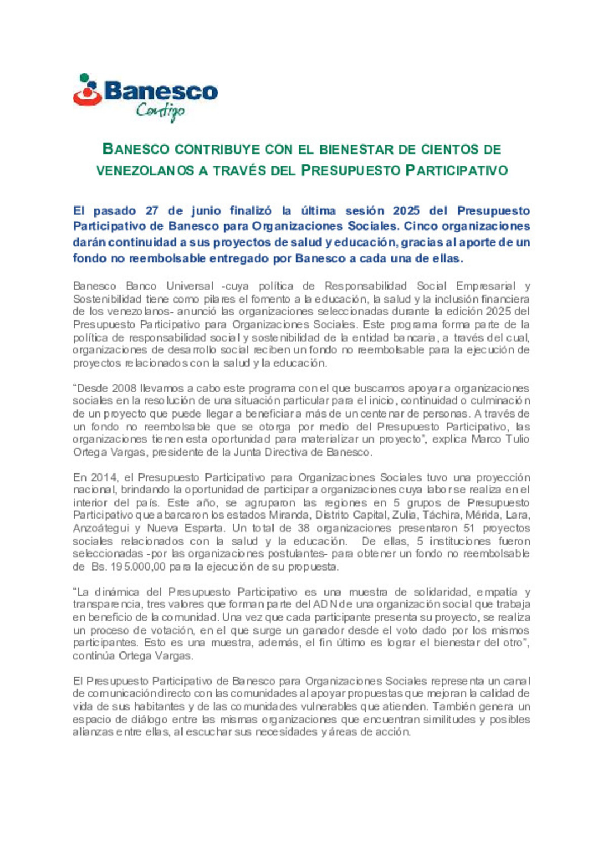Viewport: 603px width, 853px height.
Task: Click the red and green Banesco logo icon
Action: coord(87,91)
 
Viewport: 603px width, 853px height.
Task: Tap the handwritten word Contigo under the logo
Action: coord(160,111)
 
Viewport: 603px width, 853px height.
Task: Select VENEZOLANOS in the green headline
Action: coord(145,171)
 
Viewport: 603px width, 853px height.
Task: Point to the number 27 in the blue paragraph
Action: coord(152,211)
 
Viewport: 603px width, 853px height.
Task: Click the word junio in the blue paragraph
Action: coord(206,211)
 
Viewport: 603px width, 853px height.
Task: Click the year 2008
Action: coord(124,389)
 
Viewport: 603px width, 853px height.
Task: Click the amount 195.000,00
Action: coord(130,567)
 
